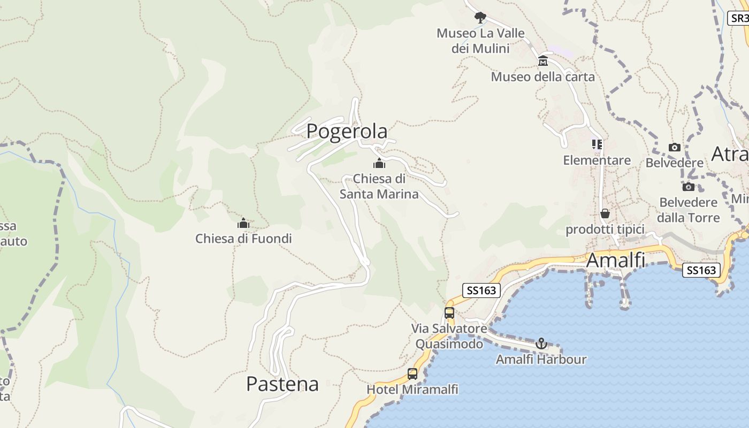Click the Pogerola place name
pyautogui.click(x=347, y=131)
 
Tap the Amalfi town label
pyautogui.click(x=615, y=261)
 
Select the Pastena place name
pyautogui.click(x=282, y=384)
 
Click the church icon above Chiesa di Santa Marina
pyautogui.click(x=379, y=163)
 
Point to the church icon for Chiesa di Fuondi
pyautogui.click(x=243, y=223)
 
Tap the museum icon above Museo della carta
pyautogui.click(x=543, y=60)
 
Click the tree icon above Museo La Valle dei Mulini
pyautogui.click(x=480, y=17)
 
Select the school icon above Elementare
pyautogui.click(x=597, y=144)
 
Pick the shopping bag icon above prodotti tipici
pyautogui.click(x=605, y=213)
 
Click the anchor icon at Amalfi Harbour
pyautogui.click(x=541, y=343)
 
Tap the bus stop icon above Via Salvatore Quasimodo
pyautogui.click(x=449, y=313)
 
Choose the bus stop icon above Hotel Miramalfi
pyautogui.click(x=412, y=374)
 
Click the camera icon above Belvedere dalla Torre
pyautogui.click(x=688, y=187)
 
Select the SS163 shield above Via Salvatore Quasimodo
pyautogui.click(x=481, y=291)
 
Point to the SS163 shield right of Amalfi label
pyautogui.click(x=701, y=270)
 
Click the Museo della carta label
pyautogui.click(x=542, y=77)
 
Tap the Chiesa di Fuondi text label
pyautogui.click(x=243, y=239)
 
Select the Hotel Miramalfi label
pyautogui.click(x=412, y=389)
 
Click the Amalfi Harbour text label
pyautogui.click(x=541, y=359)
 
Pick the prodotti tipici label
pyautogui.click(x=605, y=230)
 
